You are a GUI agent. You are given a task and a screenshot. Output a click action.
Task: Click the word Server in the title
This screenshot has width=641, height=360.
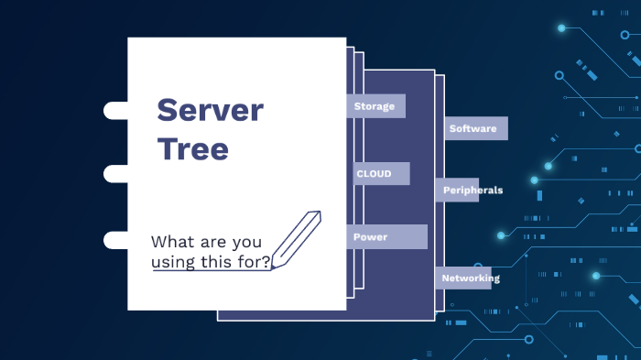(210, 111)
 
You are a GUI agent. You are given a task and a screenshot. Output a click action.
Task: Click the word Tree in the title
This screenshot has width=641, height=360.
(192, 148)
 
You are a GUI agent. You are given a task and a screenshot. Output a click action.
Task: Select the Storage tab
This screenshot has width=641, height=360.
(375, 106)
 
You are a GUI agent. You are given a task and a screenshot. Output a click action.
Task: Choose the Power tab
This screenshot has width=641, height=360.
(386, 236)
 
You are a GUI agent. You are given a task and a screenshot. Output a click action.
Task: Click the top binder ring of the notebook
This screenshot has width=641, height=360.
(116, 111)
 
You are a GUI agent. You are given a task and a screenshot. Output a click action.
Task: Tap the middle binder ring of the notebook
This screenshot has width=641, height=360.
(116, 174)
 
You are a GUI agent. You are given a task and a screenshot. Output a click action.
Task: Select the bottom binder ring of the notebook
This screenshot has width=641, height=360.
(116, 240)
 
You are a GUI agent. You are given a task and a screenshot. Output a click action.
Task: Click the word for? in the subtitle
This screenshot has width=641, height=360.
(252, 262)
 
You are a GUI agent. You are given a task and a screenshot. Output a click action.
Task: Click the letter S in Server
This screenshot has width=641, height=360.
(167, 111)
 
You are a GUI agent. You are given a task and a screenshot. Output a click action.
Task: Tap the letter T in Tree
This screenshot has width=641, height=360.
(166, 148)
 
